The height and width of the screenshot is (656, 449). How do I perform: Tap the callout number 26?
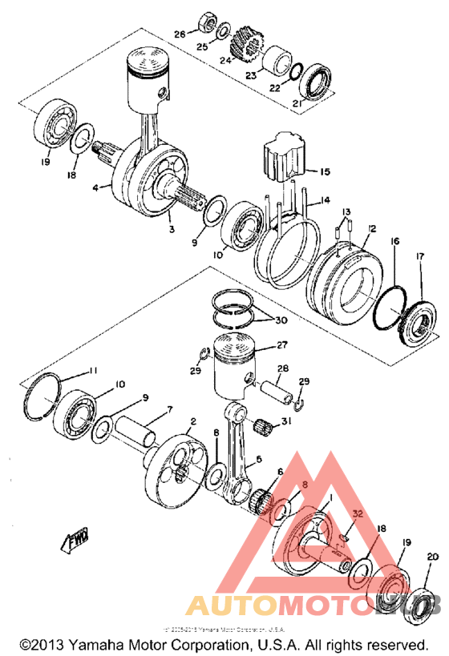[180, 34]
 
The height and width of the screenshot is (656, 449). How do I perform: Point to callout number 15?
[324, 171]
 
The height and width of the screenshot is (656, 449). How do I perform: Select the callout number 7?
[169, 411]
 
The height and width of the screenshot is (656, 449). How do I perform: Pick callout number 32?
[357, 514]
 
